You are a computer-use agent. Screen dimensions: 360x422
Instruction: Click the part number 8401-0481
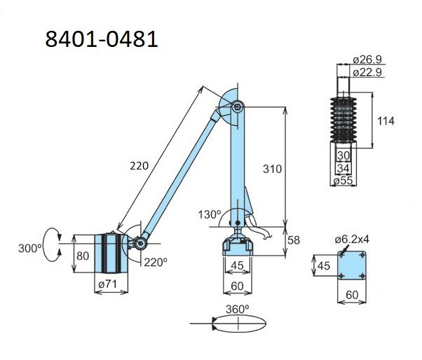point(101,39)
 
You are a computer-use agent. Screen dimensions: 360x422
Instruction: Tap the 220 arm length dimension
point(139,167)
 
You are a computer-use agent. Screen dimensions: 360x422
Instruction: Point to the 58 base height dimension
point(294,240)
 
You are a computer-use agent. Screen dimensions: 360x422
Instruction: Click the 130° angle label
point(209,214)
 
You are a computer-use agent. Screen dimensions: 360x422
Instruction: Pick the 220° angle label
point(156,262)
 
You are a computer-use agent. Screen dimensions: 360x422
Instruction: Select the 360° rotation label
point(237,309)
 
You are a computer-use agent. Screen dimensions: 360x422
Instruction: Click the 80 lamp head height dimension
point(83,256)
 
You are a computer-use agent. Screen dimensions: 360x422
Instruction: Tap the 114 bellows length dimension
point(385,121)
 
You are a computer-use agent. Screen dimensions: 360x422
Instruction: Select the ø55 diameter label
point(343,181)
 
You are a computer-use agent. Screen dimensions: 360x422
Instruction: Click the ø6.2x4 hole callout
point(369,239)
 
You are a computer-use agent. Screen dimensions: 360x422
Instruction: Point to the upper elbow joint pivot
point(238,106)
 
